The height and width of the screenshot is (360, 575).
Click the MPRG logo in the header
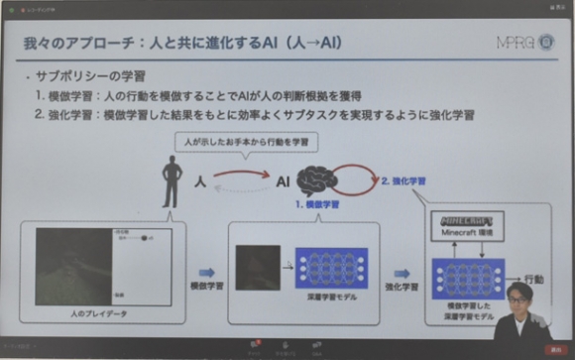click(x=522, y=46)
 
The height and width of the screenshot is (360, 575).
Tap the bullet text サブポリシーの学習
click(x=88, y=77)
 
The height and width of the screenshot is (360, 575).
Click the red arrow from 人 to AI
click(x=243, y=176)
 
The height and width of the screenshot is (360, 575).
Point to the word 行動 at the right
click(x=534, y=279)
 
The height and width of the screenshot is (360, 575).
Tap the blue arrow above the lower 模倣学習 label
click(x=206, y=271)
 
